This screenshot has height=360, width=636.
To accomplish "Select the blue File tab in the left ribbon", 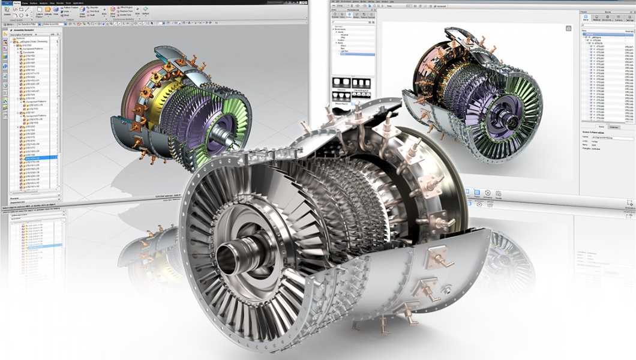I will [x=7, y=3].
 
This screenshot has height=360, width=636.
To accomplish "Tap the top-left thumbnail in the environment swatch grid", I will [x=341, y=82].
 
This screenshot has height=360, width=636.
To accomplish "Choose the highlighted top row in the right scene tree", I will [x=600, y=34].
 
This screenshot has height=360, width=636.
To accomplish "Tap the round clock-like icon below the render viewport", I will [x=488, y=193].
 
